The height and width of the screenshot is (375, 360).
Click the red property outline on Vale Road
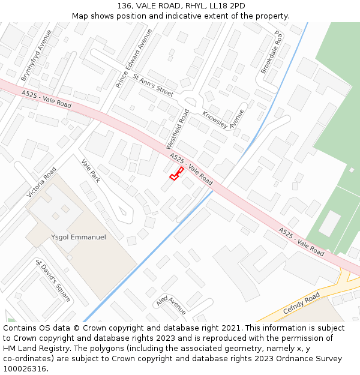point(176,174)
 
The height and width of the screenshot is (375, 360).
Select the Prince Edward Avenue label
point(134,67)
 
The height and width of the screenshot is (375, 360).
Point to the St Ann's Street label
point(153,85)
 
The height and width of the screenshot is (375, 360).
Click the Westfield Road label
point(178,129)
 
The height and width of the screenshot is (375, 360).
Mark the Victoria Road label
point(41,182)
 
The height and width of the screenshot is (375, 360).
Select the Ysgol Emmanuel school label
point(79,238)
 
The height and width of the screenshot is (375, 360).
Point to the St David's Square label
point(53,281)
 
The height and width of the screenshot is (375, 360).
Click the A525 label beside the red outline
point(191,169)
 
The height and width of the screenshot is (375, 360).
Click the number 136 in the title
point(125,5)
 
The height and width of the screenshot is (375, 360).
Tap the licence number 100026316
point(24,368)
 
